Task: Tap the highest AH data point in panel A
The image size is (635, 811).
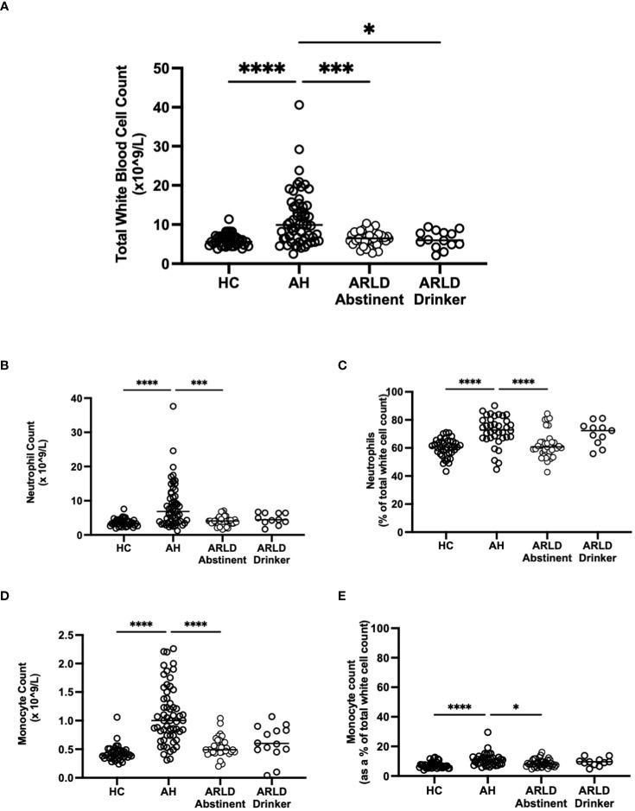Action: click(x=299, y=105)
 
